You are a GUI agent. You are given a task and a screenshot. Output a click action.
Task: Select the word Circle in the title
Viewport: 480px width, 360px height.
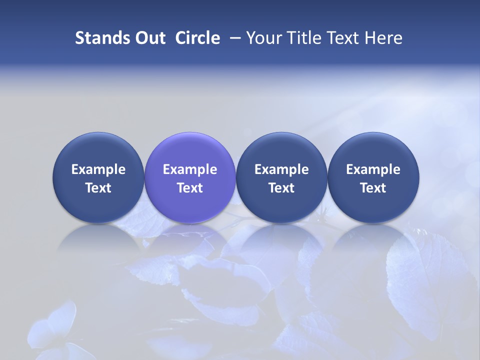197,38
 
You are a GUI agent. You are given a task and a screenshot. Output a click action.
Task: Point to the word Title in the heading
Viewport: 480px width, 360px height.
301,38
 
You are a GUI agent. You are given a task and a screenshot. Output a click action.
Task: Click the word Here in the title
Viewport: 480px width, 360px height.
383,38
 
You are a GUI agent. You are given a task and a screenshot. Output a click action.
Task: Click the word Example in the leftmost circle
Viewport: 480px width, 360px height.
98,169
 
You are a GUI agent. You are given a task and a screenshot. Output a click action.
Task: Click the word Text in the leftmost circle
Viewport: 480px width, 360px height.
98,188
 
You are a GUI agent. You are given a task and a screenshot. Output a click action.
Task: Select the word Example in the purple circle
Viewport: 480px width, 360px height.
190,169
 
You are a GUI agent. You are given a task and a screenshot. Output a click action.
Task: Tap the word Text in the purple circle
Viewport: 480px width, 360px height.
190,188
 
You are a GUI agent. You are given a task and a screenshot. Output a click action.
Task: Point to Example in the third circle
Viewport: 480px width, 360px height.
281,169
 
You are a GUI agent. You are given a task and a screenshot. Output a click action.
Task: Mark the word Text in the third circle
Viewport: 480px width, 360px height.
281,188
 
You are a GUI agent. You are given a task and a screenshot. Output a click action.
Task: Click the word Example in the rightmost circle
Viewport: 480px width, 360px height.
373,169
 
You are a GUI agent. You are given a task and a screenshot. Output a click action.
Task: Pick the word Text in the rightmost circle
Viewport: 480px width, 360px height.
373,188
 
